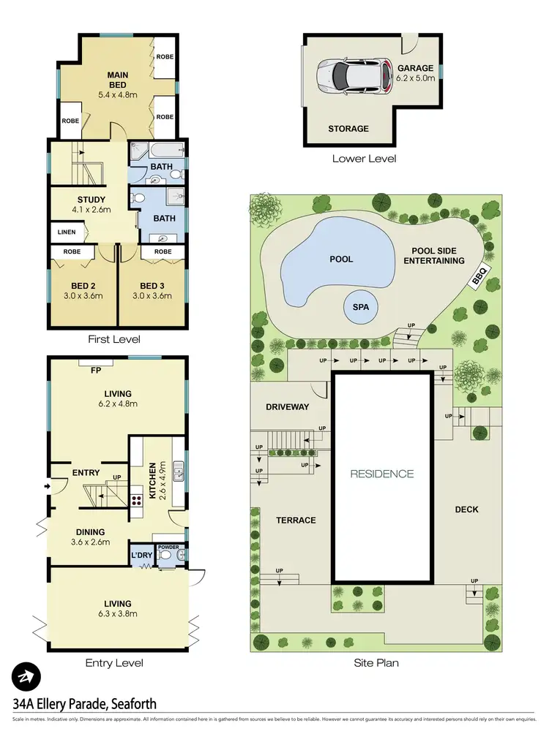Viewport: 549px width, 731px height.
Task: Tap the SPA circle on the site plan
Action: pyautogui.click(x=360, y=308)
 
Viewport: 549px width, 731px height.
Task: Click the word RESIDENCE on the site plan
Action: pyautogui.click(x=381, y=474)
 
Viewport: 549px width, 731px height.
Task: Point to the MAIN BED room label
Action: pyautogui.click(x=117, y=75)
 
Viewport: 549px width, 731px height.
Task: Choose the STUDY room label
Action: pyautogui.click(x=91, y=200)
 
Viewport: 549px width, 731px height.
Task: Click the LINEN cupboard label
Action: pyautogui.click(x=65, y=232)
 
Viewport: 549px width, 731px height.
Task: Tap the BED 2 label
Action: pyautogui.click(x=83, y=285)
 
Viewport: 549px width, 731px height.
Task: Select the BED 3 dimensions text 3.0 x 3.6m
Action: pyautogui.click(x=155, y=296)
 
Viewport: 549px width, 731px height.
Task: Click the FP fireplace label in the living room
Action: pyautogui.click(x=95, y=370)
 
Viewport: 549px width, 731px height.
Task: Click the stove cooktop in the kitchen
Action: pyautogui.click(x=135, y=501)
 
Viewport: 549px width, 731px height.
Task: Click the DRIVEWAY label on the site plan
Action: pyautogui.click(x=287, y=406)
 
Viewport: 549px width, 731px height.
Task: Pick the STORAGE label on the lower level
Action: pyautogui.click(x=348, y=129)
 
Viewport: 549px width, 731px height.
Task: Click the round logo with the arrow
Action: pyautogui.click(x=27, y=677)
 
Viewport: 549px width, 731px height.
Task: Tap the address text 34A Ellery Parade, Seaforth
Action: pyautogui.click(x=85, y=704)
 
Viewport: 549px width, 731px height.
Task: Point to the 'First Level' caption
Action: pyautogui.click(x=113, y=339)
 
